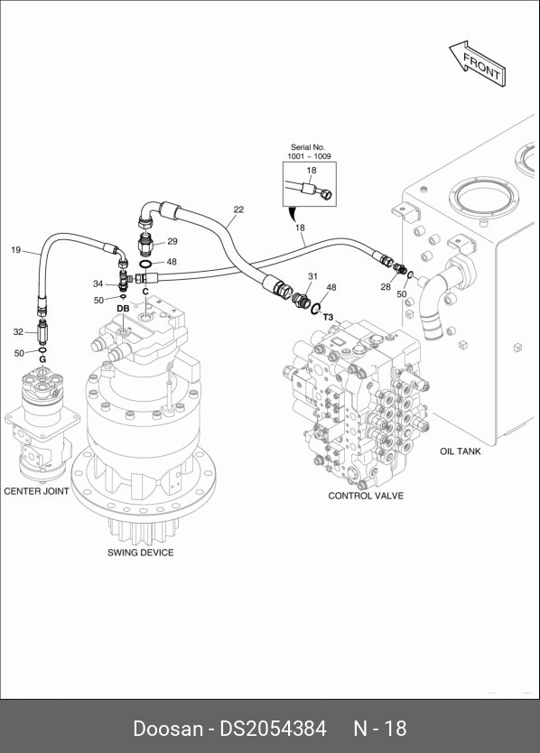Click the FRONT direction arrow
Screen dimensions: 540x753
[478, 63]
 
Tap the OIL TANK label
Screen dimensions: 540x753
[460, 451]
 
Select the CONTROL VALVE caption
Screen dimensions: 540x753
[366, 496]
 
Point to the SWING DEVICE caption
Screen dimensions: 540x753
[140, 553]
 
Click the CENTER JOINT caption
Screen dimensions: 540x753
[36, 491]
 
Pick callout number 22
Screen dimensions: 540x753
[238, 209]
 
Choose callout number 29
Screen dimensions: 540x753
[172, 242]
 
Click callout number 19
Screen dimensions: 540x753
[16, 250]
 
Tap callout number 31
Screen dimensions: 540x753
[312, 276]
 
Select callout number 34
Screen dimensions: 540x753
[98, 284]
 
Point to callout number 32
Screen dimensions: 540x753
[18, 332]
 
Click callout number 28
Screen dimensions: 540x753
[386, 287]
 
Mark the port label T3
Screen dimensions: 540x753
[328, 318]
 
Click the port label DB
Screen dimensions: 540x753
[123, 308]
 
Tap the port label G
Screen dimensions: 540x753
[42, 359]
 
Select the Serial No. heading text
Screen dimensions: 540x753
[308, 147]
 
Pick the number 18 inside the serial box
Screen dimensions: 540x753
[312, 171]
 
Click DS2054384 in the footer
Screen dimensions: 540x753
[273, 728]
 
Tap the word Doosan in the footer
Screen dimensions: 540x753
[168, 728]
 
